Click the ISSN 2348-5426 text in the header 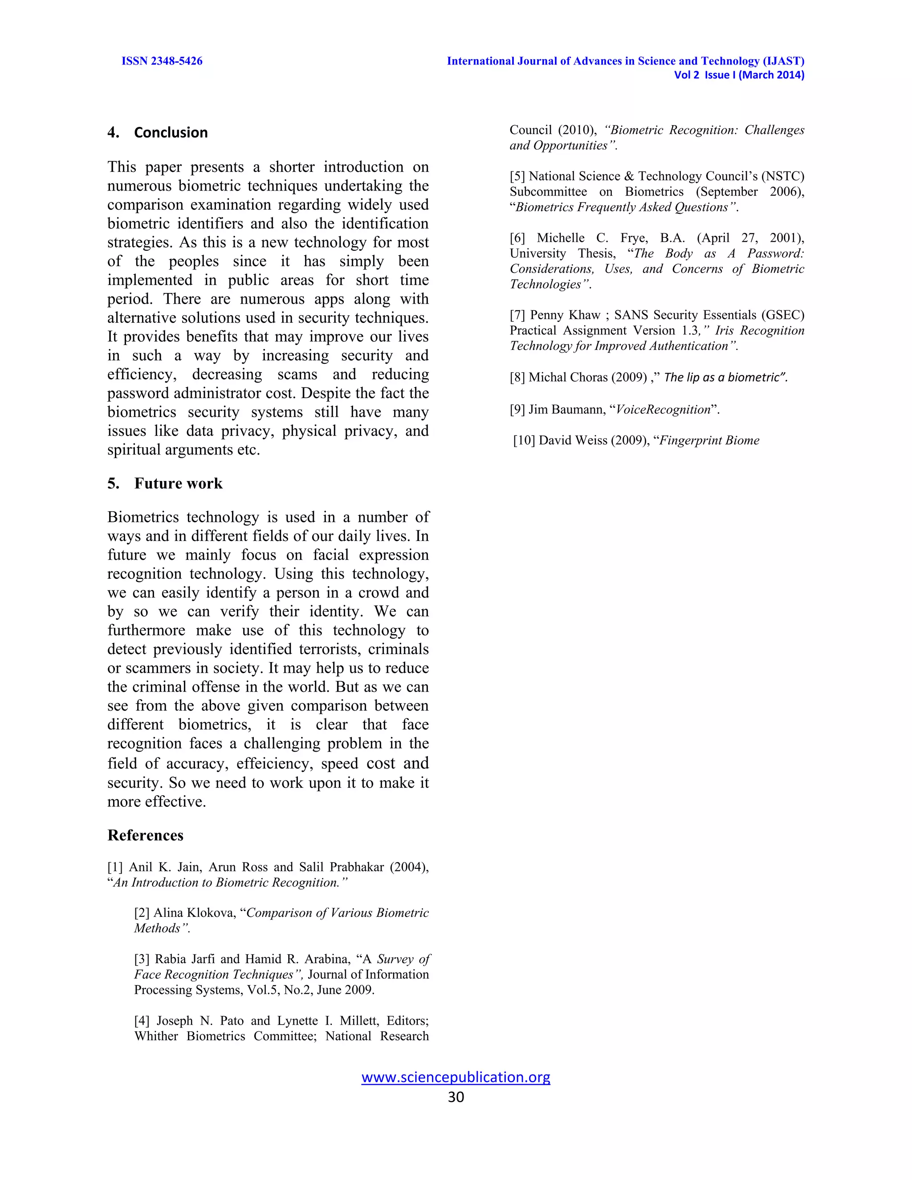162,61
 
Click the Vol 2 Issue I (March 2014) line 739,75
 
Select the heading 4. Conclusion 158,132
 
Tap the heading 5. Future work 165,483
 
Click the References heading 145,835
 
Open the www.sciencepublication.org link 456,1077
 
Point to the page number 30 456,1096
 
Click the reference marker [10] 524,440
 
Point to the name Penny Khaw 565,315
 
